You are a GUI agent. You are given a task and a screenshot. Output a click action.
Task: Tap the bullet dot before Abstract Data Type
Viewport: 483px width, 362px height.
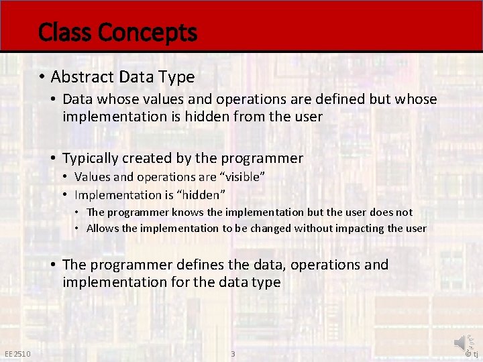click(42, 77)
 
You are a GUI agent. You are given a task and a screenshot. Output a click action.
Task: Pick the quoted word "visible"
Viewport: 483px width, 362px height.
click(243, 177)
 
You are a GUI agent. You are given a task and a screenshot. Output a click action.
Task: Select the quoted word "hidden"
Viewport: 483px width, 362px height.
click(202, 195)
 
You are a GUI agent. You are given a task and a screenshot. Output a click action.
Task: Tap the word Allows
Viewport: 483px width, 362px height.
click(103, 228)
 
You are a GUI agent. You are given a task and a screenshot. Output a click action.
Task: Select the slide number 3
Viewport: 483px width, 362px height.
click(233, 354)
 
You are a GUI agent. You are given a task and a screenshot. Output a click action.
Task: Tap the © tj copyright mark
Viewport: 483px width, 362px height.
click(472, 354)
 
